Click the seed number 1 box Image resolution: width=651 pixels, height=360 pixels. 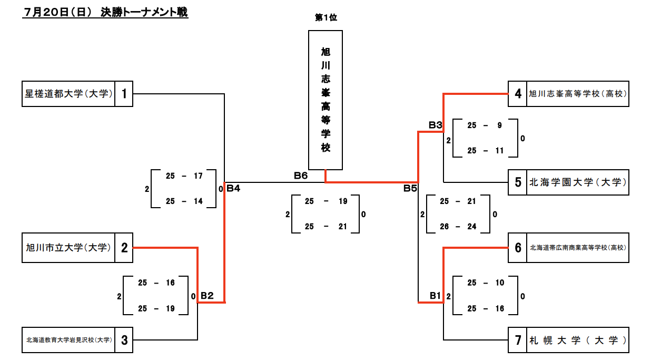tap(124, 94)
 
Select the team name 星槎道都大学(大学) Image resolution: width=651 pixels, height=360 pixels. tap(68, 94)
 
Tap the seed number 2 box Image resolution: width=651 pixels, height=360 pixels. tap(124, 248)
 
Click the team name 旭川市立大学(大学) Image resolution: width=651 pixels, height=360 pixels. tap(68, 248)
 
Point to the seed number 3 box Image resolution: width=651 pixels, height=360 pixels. tap(124, 340)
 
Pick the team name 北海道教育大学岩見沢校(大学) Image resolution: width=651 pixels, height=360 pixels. tap(68, 340)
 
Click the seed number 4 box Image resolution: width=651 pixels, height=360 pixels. tap(518, 94)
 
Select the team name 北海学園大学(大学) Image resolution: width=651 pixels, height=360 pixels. tap(578, 183)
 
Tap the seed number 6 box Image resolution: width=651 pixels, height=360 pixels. tap(518, 248)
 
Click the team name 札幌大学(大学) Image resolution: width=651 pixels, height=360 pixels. tap(578, 340)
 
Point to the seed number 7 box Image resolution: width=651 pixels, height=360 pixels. tap(518, 340)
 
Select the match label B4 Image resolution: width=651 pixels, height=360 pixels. tap(233, 188)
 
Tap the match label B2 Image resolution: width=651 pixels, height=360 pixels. tap(206, 296)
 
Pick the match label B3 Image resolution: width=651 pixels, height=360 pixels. tap(435, 125)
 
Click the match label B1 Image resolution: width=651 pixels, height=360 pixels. tap(435, 296)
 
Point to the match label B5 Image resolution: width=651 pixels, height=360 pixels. tap(410, 188)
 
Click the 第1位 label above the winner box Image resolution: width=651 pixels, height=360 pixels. tap(325, 18)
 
